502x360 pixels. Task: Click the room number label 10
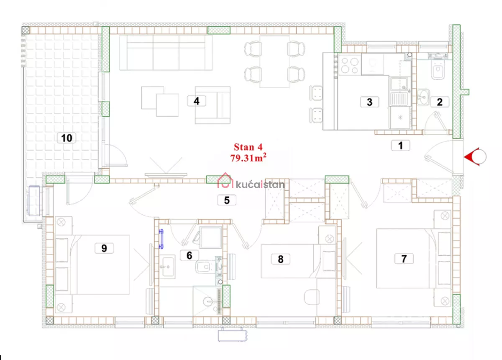coord(67,138)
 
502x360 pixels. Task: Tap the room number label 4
coord(197,101)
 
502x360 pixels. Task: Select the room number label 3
coord(369,102)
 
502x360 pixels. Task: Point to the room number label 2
coord(440,102)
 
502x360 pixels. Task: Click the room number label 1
coord(400,146)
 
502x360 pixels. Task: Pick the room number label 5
coord(227,200)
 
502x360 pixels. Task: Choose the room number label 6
coord(190,255)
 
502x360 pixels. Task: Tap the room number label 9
coord(104,248)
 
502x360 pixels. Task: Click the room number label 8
coord(281,259)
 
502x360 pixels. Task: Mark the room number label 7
coord(404,259)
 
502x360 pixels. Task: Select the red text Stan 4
coord(248,147)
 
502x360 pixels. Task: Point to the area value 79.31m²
coord(248,158)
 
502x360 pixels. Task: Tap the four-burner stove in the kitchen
coord(350,65)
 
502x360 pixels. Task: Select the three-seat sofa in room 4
coord(166,53)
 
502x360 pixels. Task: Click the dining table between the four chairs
coord(274,61)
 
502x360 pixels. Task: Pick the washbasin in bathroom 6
coord(167,267)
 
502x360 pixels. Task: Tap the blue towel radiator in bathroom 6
coord(161,239)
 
